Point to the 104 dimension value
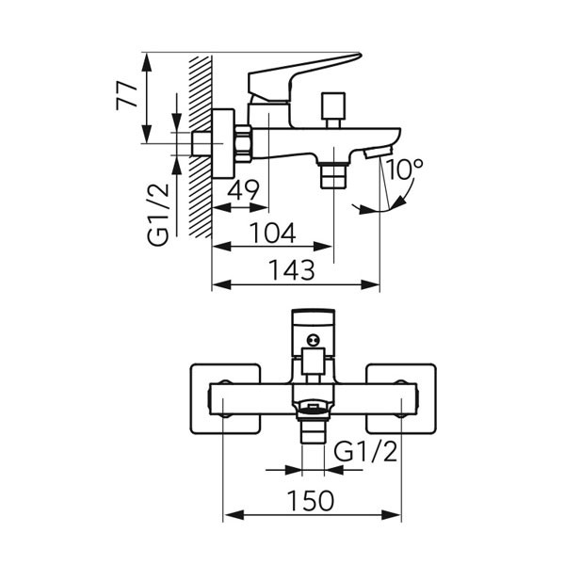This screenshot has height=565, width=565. click(x=274, y=231)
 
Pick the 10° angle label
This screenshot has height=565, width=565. click(x=404, y=170)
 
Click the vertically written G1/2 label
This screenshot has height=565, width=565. click(x=159, y=214)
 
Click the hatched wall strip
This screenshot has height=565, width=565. click(x=200, y=141)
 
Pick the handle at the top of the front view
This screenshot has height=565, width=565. click(x=313, y=329)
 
